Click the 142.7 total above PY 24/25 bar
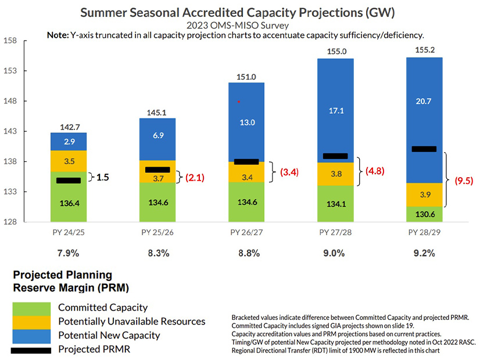(69, 127)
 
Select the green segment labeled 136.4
(69, 203)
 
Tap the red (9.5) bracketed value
(463, 181)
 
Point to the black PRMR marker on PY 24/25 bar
(69, 181)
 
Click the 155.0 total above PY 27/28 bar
(336, 52)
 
